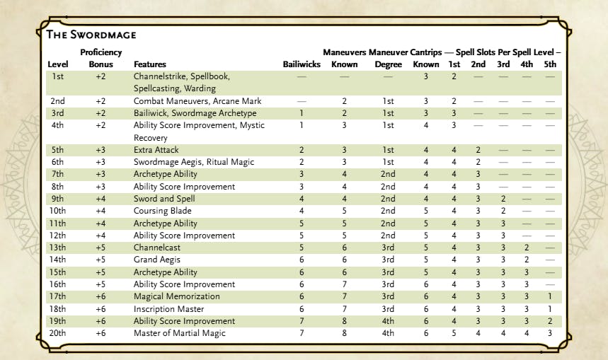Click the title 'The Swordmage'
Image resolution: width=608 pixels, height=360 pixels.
pos(91,34)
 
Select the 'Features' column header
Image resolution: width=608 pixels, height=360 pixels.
pos(150,64)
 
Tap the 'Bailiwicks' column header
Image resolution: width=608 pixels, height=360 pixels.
pos(302,64)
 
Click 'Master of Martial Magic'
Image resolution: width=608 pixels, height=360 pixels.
pos(179,333)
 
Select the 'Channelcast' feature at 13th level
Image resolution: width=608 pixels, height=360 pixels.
pos(156,248)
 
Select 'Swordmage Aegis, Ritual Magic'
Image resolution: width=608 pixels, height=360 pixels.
pos(185,162)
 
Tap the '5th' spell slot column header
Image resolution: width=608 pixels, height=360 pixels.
pos(550,64)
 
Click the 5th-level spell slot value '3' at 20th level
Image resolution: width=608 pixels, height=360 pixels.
pos(550,333)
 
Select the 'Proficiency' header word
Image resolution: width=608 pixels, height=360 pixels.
pos(101,52)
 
